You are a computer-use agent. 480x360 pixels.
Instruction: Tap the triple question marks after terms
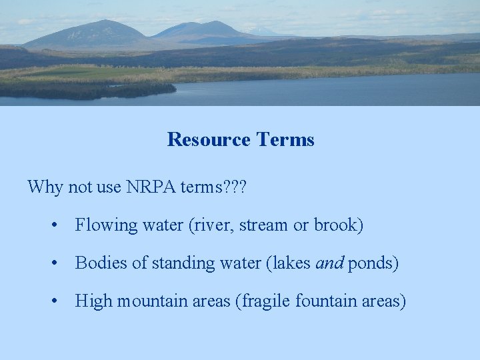pyautogui.click(x=235, y=187)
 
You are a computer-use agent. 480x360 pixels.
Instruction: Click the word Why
pyautogui.click(x=45, y=187)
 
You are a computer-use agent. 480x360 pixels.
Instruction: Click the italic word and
pyautogui.click(x=329, y=263)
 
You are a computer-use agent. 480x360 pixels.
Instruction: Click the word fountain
pyautogui.click(x=325, y=301)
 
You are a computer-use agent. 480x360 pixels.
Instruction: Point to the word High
pyautogui.click(x=93, y=302)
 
